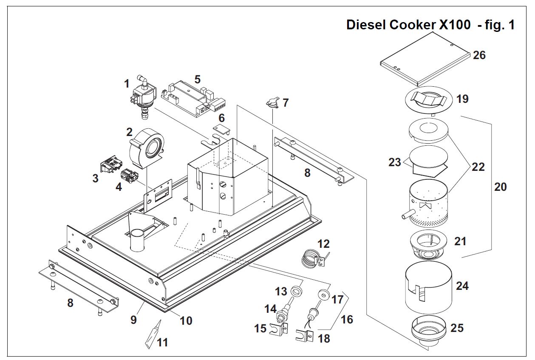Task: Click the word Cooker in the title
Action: click(411, 25)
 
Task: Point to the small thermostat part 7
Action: click(272, 102)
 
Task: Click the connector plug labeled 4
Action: click(128, 176)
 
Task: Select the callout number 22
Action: click(478, 167)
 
